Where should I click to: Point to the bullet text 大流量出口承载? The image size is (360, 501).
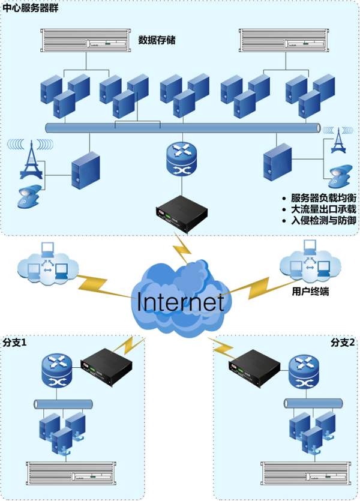pos(323,209)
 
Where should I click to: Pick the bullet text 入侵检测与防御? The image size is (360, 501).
pos(323,220)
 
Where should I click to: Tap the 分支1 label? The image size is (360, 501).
pos(16,343)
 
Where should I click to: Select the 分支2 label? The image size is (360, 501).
pos(343,343)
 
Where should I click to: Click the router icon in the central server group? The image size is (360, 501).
pos(181,158)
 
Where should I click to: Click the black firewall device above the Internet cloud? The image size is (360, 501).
pos(181,211)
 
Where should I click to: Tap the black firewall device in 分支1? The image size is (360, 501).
pos(106,366)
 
